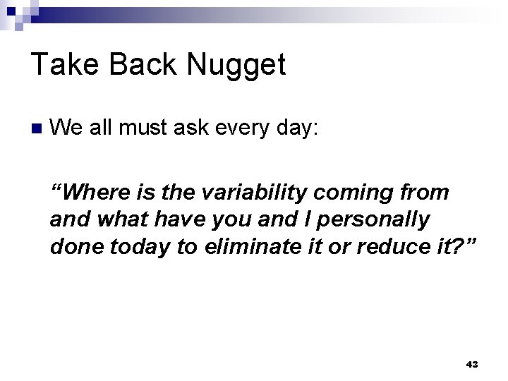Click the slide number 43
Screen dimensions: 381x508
click(x=472, y=364)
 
